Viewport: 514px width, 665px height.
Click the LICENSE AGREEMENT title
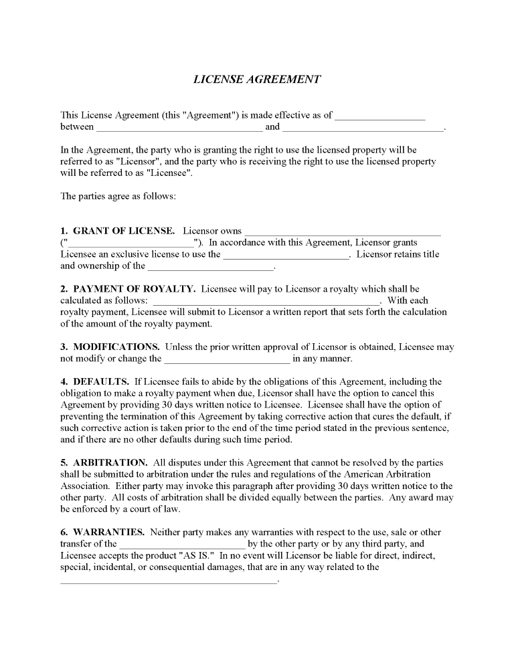pyautogui.click(x=257, y=79)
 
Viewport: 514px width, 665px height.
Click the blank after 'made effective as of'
pyautogui.click(x=379, y=116)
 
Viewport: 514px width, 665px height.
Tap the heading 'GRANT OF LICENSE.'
pyautogui.click(x=124, y=231)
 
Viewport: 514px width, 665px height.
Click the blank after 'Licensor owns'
pyautogui.click(x=342, y=232)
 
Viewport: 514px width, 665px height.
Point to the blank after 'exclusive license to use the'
pyautogui.click(x=286, y=255)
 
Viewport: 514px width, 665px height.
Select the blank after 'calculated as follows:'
pyautogui.click(x=266, y=301)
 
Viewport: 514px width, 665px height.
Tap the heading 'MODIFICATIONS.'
pyautogui.click(x=116, y=347)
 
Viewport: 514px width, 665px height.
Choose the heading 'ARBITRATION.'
pyautogui.click(x=110, y=462)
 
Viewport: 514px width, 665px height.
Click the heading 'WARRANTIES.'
pyautogui.click(x=109, y=532)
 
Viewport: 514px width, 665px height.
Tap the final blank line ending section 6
pyautogui.click(x=168, y=580)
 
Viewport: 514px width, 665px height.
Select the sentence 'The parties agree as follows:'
pyautogui.click(x=118, y=197)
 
